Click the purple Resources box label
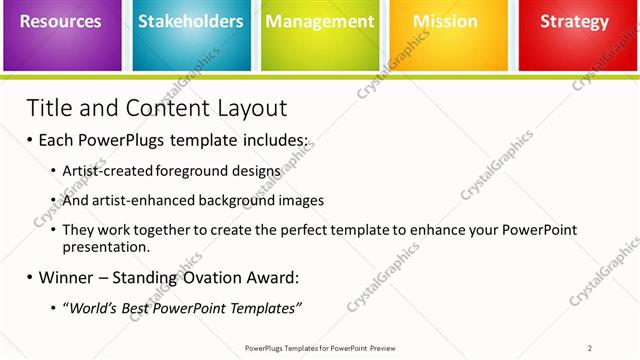coord(62,21)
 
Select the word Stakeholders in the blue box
coord(190,21)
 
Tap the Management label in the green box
coord(319,21)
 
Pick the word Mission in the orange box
coord(445,21)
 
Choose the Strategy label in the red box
coord(574,21)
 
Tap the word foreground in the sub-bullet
coord(196,171)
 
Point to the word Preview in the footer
coord(379,348)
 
